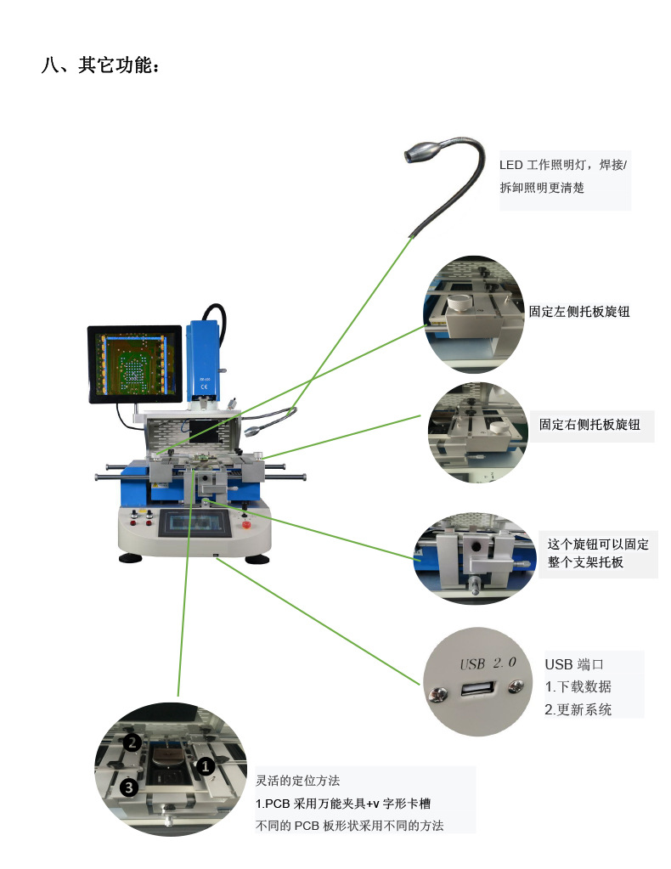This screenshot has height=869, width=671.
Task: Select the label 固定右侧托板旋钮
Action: click(589, 424)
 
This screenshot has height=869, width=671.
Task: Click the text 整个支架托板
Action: click(585, 562)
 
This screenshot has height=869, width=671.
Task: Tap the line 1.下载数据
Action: click(578, 686)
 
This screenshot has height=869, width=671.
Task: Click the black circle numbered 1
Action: click(205, 765)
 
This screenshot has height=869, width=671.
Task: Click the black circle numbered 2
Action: click(132, 742)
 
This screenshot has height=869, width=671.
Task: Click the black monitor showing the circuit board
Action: click(135, 364)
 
